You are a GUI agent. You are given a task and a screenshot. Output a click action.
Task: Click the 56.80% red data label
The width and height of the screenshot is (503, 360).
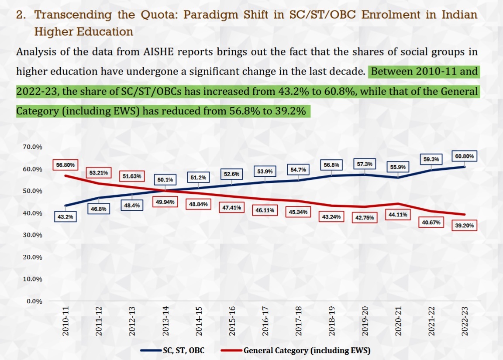coord(65,165)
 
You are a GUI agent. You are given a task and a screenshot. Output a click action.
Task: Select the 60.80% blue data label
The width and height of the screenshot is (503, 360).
coord(465,156)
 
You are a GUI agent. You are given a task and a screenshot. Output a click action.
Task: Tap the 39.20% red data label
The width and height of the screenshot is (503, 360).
coord(465,226)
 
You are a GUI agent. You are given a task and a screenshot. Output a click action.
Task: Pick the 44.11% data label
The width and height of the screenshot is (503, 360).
coord(397,214)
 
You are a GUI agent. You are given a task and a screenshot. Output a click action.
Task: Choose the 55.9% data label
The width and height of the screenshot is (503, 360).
coord(397,167)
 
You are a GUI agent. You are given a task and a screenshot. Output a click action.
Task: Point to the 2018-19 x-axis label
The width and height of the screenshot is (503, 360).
coord(332,321)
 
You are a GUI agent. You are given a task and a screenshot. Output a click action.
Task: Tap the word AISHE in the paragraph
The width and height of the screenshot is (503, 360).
coord(160,51)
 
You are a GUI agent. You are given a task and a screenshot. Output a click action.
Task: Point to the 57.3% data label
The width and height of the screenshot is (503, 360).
coord(365,164)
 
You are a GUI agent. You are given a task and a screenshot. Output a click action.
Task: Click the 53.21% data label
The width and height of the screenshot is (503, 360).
coord(99,173)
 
